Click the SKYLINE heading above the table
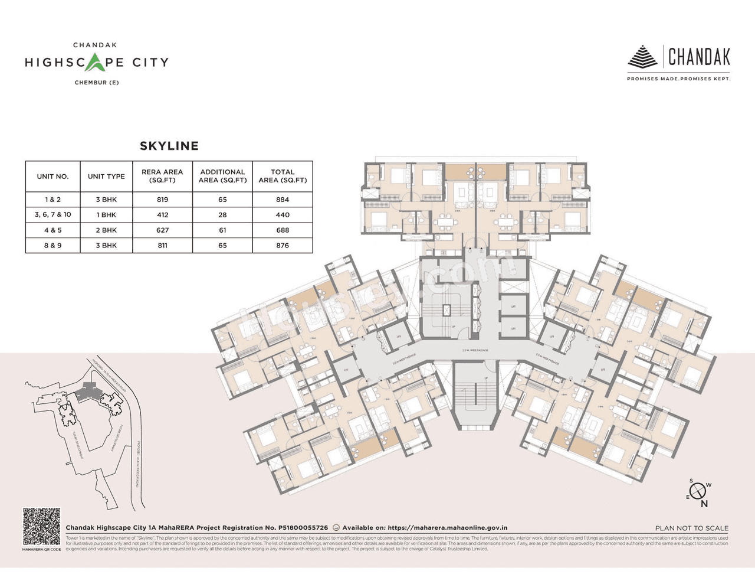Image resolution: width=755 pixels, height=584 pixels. click(169, 146)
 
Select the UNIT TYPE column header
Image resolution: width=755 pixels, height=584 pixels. click(106, 176)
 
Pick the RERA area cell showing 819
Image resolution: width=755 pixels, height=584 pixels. click(162, 200)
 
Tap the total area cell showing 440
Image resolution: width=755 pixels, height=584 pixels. click(283, 215)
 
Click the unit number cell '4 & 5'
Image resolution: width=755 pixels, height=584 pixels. click(52, 230)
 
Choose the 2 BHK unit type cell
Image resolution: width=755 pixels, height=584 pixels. click(106, 230)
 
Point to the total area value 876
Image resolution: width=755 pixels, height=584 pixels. click(283, 246)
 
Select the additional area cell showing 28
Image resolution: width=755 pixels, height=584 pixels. click(222, 215)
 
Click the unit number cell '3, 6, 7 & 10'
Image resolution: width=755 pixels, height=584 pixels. click(52, 215)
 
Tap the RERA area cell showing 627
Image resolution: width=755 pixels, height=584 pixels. click(162, 230)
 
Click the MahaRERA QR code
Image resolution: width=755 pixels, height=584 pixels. click(41, 527)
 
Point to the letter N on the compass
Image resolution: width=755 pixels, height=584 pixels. click(704, 504)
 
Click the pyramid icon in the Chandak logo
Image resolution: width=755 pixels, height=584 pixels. click(642, 57)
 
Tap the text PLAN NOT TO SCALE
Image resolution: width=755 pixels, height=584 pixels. click(691, 528)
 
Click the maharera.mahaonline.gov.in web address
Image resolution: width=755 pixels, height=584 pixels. click(448, 528)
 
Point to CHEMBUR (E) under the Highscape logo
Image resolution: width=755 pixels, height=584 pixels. click(97, 83)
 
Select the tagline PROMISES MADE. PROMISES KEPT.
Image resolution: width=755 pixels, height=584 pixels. click(678, 79)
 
